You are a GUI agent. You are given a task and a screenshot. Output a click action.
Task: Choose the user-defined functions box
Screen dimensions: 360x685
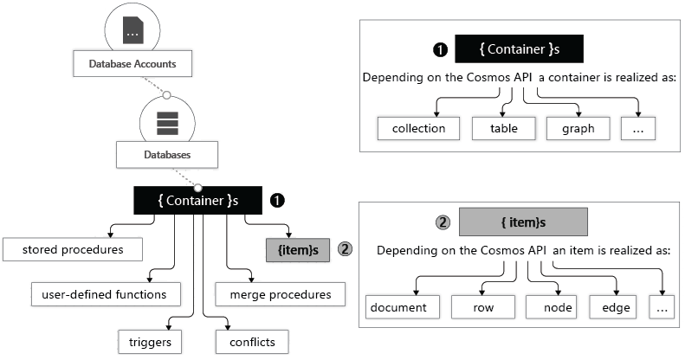(104, 294)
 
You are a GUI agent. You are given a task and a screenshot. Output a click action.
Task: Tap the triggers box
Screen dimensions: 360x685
(150, 342)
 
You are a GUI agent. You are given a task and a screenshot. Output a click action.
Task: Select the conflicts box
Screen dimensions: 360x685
(251, 342)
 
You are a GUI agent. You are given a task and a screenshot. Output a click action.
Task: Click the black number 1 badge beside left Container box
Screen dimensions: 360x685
(278, 200)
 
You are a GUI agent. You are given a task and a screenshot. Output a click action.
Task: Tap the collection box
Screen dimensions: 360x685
(418, 128)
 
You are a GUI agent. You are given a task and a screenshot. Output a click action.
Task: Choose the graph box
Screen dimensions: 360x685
(577, 128)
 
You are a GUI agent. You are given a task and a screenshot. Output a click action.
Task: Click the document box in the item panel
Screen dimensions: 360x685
(398, 307)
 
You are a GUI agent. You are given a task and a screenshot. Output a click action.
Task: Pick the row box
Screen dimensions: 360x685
(482, 307)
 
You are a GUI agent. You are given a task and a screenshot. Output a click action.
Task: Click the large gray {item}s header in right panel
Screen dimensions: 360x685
(523, 222)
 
